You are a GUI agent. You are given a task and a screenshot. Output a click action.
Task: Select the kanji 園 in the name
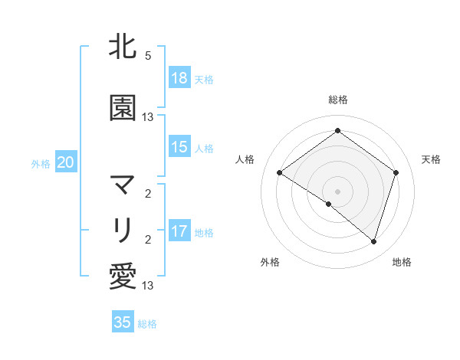123,108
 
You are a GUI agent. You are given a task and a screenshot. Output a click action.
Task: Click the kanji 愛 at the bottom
123,276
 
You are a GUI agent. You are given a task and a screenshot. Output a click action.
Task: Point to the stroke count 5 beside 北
148,56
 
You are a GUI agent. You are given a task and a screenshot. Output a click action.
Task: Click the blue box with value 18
179,78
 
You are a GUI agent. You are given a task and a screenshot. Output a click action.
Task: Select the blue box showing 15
179,147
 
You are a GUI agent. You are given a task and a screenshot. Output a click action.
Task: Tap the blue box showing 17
179,231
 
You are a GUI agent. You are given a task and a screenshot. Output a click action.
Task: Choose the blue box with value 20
66,162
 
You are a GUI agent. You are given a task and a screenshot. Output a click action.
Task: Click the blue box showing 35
123,322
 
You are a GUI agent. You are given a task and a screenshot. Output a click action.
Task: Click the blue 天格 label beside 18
204,79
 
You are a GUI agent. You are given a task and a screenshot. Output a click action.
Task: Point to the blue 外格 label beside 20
41,163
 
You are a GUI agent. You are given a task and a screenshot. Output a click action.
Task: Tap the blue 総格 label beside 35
147,323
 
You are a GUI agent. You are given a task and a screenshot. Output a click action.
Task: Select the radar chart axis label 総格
337,100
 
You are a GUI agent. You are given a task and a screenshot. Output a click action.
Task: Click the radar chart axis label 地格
402,262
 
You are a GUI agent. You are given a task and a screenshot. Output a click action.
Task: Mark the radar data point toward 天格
396,172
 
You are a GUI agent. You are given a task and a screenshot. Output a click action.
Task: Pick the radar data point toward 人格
279,172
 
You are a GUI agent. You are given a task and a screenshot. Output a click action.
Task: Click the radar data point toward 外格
329,204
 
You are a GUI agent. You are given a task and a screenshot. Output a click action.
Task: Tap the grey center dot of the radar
337,191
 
